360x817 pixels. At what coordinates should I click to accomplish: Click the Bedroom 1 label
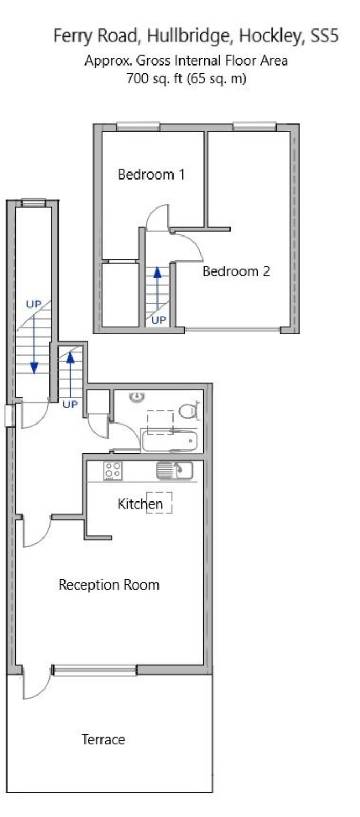click(152, 174)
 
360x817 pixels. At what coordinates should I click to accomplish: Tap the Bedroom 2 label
click(236, 271)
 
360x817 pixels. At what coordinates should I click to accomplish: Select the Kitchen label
click(140, 504)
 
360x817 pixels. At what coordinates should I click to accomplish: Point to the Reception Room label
click(109, 585)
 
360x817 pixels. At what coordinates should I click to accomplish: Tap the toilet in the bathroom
click(190, 411)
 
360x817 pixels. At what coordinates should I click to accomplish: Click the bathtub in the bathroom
click(170, 441)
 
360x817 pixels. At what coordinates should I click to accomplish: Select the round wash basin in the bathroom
click(138, 397)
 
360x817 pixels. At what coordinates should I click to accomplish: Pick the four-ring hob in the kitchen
click(113, 471)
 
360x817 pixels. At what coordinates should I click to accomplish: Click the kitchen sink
click(175, 470)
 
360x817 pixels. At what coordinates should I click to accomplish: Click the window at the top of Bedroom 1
click(138, 126)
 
